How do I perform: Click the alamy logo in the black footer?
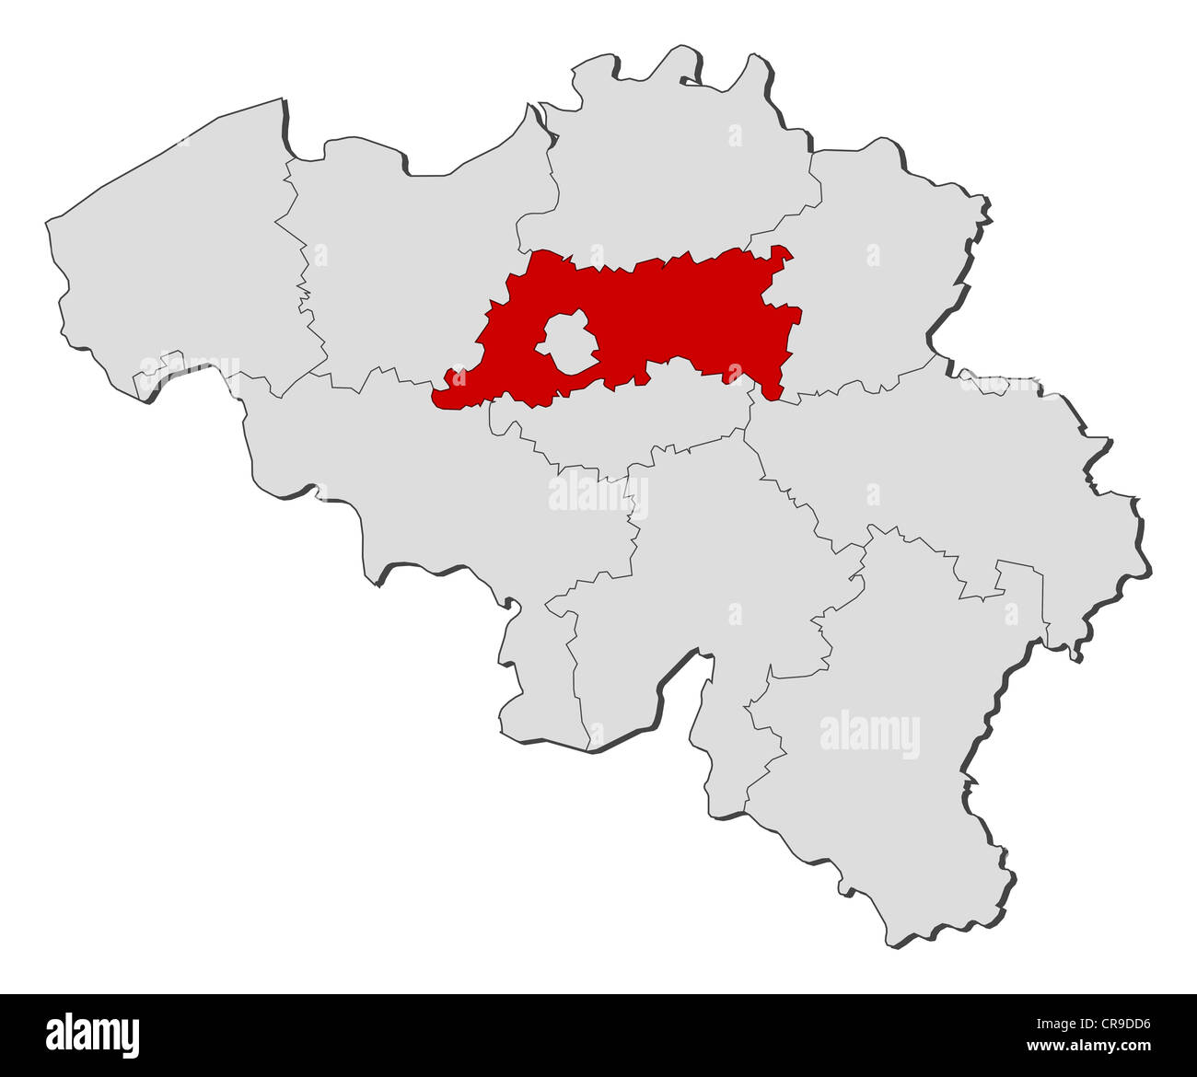click(93, 1035)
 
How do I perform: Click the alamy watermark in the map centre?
click(598, 493)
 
